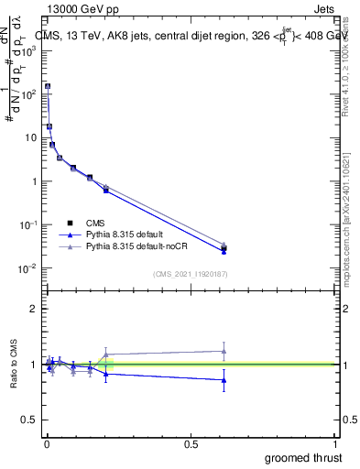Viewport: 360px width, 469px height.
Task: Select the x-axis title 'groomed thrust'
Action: click(x=305, y=457)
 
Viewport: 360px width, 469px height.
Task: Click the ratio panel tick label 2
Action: click(x=34, y=309)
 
